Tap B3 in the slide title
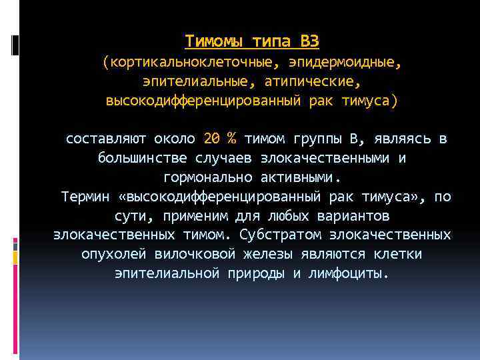point(309,42)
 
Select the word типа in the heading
point(271,42)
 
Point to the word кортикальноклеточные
point(191,63)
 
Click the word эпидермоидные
point(345,63)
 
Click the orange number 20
point(211,139)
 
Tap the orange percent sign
point(231,139)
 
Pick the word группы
point(317,139)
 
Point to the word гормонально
point(205,178)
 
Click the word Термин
point(84,197)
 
